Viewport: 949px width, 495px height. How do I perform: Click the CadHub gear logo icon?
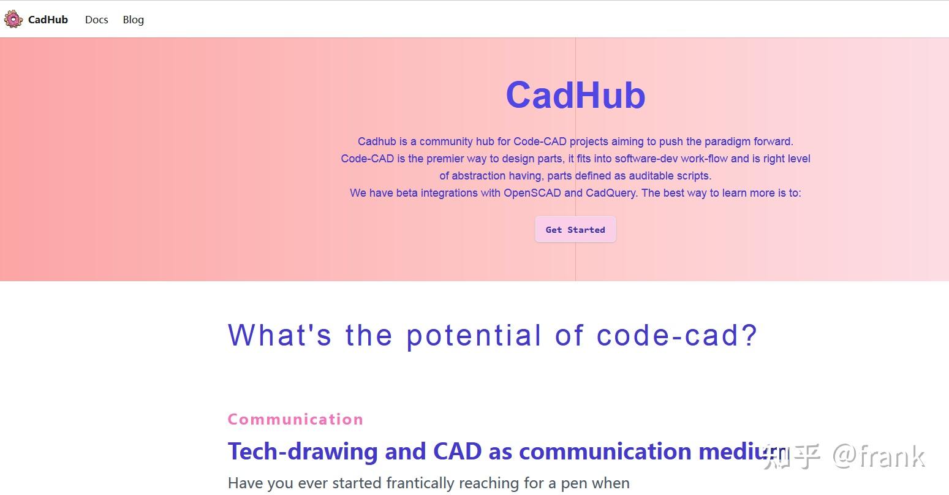(x=13, y=20)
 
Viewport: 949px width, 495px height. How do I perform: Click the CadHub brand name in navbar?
(x=48, y=20)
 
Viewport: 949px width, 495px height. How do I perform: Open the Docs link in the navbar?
(x=96, y=20)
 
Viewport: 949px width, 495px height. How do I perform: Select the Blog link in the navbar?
(x=133, y=20)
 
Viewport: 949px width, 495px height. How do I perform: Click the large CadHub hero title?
(x=575, y=96)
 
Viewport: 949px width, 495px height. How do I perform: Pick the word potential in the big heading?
(x=474, y=336)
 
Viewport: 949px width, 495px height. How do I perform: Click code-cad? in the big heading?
(x=677, y=336)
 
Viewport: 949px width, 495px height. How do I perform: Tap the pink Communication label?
(x=295, y=420)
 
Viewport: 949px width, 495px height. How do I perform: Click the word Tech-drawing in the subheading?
(x=303, y=452)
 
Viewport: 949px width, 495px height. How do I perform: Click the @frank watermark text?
(x=879, y=456)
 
